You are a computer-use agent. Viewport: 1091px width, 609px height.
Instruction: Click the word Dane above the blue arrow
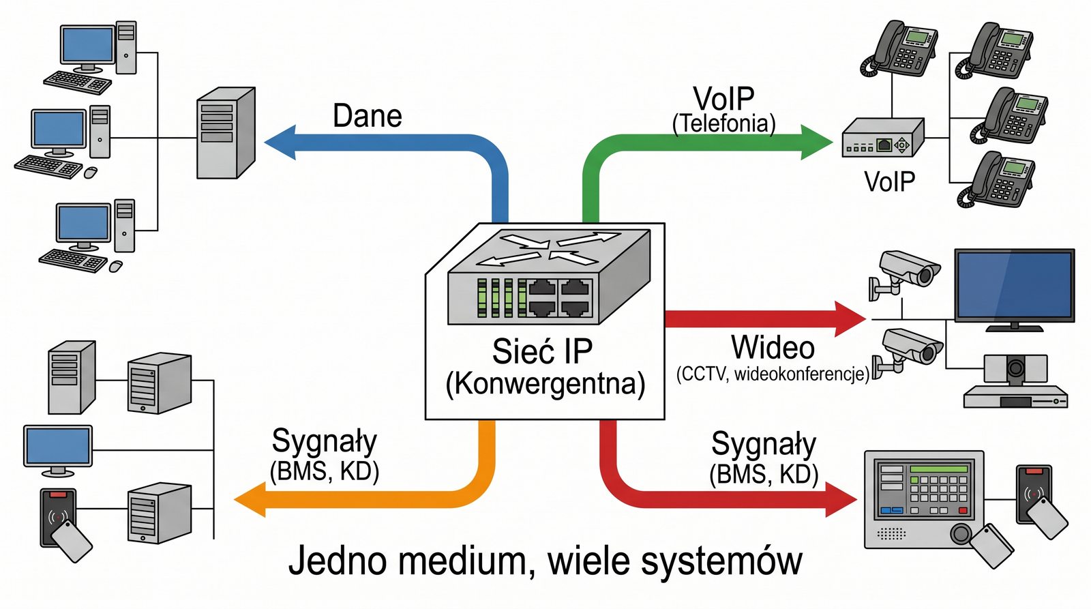(x=367, y=116)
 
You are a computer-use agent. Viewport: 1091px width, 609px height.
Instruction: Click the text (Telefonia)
(x=723, y=123)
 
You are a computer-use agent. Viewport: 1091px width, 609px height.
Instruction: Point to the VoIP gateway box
(x=882, y=138)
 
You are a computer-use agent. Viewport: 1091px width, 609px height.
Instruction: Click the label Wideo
(x=773, y=348)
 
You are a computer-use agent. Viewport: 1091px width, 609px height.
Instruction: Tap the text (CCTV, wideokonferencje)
(x=773, y=374)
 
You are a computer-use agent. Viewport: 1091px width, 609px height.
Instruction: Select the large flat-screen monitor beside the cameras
(x=1014, y=286)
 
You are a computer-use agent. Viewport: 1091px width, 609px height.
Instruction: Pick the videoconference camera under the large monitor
(x=1015, y=369)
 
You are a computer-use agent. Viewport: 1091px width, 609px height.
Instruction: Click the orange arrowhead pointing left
(x=250, y=499)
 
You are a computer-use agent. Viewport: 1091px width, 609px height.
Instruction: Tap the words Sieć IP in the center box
(x=542, y=352)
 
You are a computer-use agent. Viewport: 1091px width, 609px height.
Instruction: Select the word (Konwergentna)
(x=545, y=384)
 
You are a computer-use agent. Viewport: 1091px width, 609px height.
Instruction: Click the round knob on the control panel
(x=961, y=533)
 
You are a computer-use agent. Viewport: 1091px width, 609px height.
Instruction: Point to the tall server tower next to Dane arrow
(x=225, y=133)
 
